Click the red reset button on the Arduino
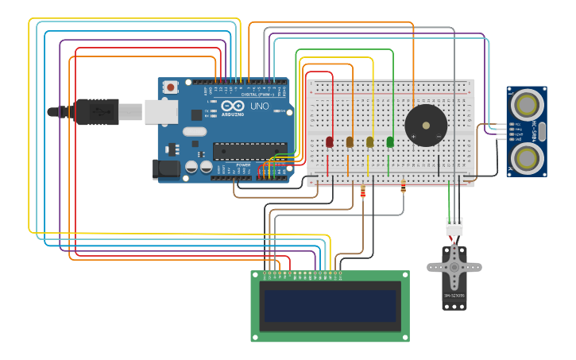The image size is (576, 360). point(171,87)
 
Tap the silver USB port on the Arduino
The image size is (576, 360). point(160,112)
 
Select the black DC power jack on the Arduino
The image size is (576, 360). point(166,168)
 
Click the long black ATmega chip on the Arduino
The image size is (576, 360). point(249,150)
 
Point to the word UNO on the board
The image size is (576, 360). point(260,106)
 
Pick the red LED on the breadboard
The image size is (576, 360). point(330,141)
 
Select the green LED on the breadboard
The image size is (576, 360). point(390,141)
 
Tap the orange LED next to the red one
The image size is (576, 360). point(350,141)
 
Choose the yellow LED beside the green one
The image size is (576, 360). point(369,141)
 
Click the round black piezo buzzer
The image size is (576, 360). point(426,126)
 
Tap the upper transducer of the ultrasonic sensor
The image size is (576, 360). point(526,104)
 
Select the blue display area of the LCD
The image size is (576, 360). point(331,305)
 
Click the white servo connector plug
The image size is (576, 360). point(454,226)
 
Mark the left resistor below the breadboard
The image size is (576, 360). point(363,192)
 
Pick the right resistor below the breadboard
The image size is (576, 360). point(403,188)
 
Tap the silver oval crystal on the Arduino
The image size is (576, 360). point(194,131)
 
